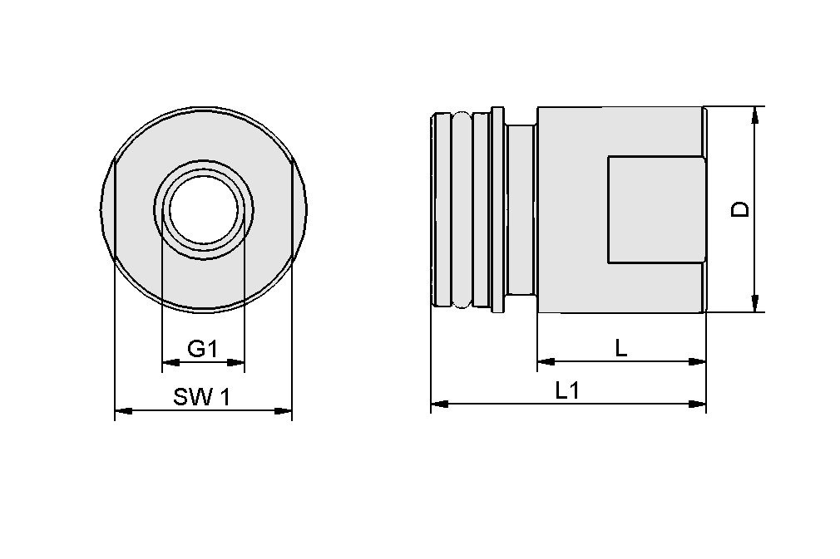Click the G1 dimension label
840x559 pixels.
pyautogui.click(x=202, y=349)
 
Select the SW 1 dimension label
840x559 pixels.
pyautogui.click(x=202, y=397)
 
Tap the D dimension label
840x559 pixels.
pyautogui.click(x=739, y=208)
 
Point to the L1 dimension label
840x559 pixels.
pyautogui.click(x=567, y=390)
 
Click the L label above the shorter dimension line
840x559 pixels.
pyautogui.click(x=620, y=349)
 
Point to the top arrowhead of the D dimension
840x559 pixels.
pyautogui.click(x=755, y=115)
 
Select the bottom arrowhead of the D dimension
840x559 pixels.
pyautogui.click(x=755, y=304)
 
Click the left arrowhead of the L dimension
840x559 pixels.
pyautogui.click(x=546, y=361)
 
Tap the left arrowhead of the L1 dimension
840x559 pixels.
pyautogui.click(x=439, y=404)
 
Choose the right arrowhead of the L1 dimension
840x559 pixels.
pyautogui.click(x=698, y=404)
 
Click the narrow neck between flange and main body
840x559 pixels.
pyautogui.click(x=521, y=209)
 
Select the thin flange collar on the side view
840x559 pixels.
pyautogui.click(x=497, y=209)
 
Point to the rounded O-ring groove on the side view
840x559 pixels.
pyautogui.click(x=461, y=209)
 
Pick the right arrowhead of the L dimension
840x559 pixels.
pyautogui.click(x=698, y=361)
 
